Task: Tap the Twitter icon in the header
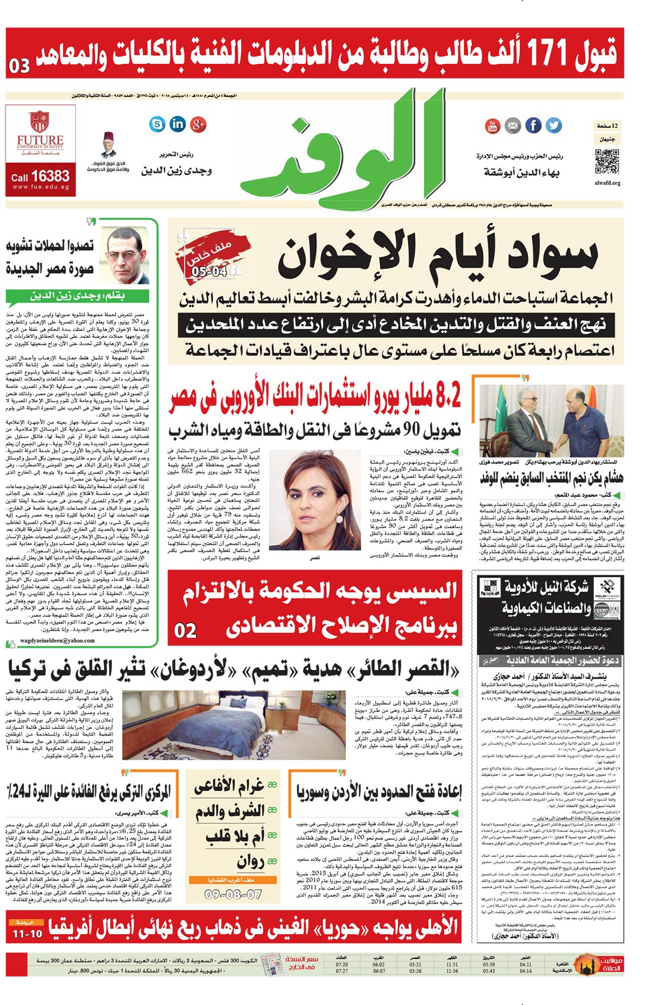click(x=553, y=125)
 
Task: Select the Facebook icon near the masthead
click(x=533, y=125)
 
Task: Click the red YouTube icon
click(x=492, y=125)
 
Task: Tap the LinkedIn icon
click(x=178, y=123)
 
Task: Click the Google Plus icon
click(x=198, y=123)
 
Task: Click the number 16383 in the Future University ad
click(x=50, y=176)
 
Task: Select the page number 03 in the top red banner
click(x=19, y=66)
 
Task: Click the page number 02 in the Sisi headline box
click(x=186, y=630)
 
